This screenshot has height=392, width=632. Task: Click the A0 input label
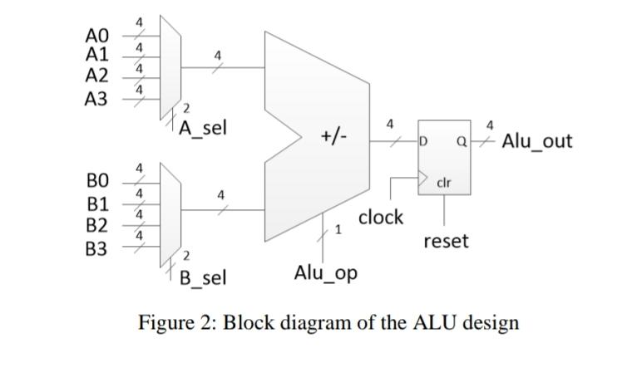(97, 36)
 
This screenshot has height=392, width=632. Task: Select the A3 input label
(97, 99)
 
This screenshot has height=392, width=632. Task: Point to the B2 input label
(97, 225)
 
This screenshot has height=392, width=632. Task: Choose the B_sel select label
(203, 277)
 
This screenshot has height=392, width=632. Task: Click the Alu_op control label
(326, 272)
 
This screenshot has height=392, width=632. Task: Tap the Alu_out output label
(537, 140)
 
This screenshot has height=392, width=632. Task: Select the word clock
(381, 217)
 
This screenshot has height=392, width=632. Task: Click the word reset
(446, 241)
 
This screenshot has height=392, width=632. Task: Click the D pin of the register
(423, 142)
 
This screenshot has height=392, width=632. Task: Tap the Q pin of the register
(460, 142)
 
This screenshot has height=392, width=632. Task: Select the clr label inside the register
(443, 181)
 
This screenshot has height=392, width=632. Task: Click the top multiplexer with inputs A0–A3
(170, 67)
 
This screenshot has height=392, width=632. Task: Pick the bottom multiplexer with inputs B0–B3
(170, 209)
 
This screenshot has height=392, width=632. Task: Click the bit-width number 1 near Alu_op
(338, 230)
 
